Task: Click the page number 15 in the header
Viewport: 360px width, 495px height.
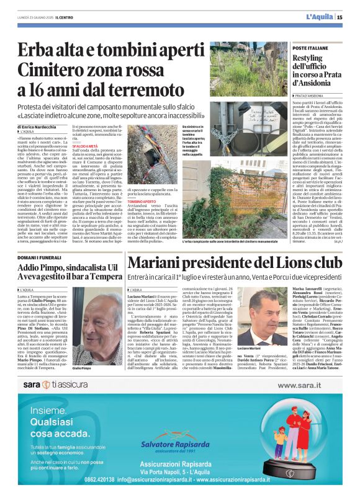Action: [348, 17]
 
